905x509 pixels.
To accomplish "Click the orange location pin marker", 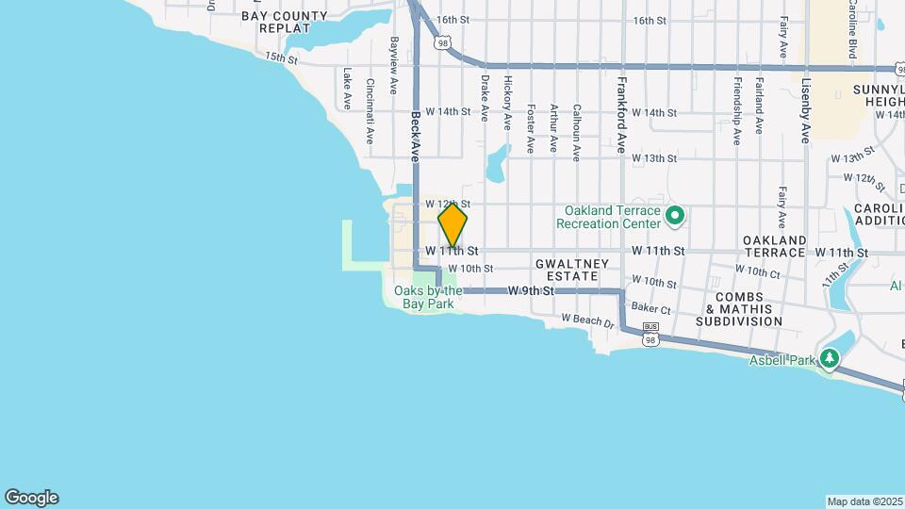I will pos(452,225).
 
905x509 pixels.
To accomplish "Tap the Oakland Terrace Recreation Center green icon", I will pos(674,217).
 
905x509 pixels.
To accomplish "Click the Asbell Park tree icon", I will pos(830,358).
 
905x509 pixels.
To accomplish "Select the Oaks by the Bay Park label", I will pos(428,297).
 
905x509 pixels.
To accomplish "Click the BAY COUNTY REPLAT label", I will pos(285,23).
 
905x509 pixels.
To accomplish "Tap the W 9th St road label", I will pos(529,291).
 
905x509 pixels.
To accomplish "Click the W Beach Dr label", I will pos(587,321).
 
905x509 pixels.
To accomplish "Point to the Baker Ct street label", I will pos(650,308).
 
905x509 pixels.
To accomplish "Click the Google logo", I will pos(31,498).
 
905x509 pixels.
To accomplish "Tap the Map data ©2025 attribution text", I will pos(864,501).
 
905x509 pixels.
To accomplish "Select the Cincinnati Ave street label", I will pos(370,110).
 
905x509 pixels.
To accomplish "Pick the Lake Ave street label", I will pos(347,87).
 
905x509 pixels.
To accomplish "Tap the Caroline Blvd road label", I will pos(851,28).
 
